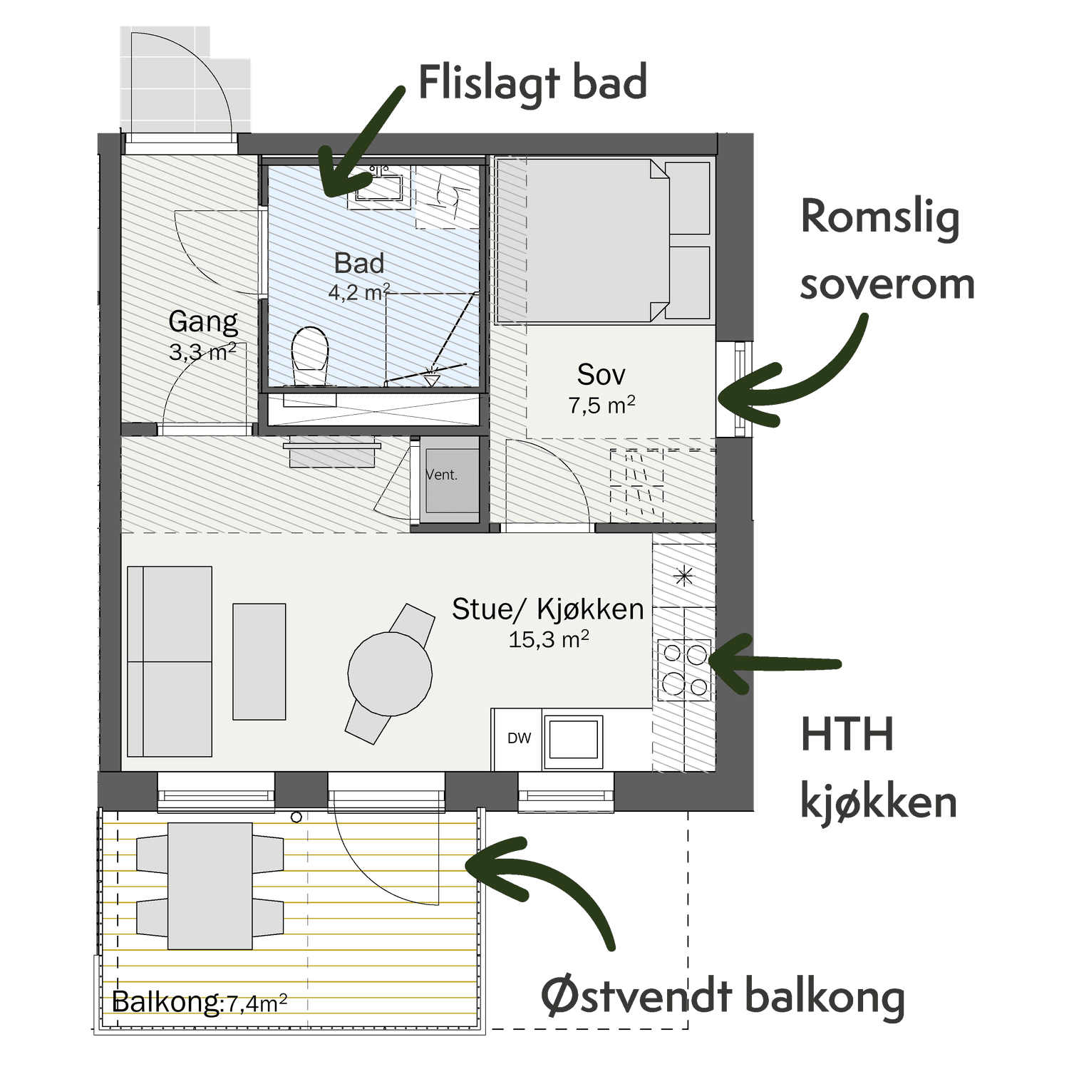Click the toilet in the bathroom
click(311, 356)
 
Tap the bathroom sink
click(378, 186)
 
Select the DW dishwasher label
click(519, 738)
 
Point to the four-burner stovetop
click(685, 668)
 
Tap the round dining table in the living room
click(390, 673)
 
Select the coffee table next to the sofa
click(259, 661)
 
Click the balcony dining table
click(210, 886)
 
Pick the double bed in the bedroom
click(603, 240)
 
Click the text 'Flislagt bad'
click(532, 82)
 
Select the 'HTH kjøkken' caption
click(878, 768)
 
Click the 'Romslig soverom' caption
click(887, 249)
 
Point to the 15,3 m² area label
click(548, 639)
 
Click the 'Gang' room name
click(203, 322)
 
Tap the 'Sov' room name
click(601, 374)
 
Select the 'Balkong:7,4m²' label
click(200, 1002)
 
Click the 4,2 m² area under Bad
click(359, 291)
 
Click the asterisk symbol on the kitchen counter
click(684, 575)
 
